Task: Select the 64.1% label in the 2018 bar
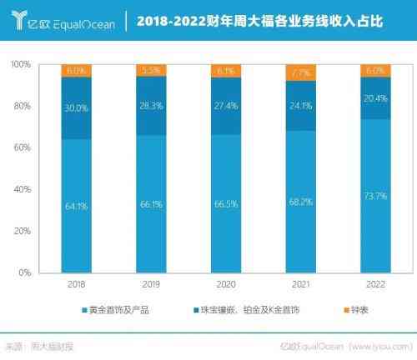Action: [x=77, y=205]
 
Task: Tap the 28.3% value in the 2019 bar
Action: [x=151, y=106]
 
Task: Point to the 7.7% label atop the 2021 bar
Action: [x=300, y=73]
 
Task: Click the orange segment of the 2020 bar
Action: [x=226, y=71]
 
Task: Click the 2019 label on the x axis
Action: [x=151, y=284]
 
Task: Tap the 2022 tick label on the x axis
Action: [x=374, y=284]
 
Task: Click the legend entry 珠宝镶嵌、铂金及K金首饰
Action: [x=239, y=311]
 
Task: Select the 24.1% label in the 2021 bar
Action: [x=300, y=106]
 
